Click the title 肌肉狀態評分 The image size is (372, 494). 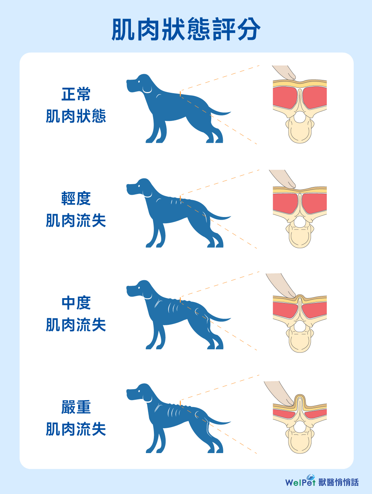click(x=186, y=29)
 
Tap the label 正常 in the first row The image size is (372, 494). click(x=76, y=94)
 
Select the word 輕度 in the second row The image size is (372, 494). click(x=76, y=198)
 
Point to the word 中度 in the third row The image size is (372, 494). click(x=76, y=303)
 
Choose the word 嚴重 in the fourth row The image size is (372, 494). click(x=76, y=407)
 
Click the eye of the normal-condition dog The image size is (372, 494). click(x=139, y=81)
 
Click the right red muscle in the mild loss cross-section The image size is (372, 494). click(x=314, y=203)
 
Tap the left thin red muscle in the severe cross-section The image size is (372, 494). click(x=284, y=413)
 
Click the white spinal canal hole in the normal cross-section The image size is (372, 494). click(x=299, y=117)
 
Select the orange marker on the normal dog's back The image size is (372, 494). click(x=180, y=94)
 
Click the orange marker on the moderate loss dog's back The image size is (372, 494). click(x=180, y=300)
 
